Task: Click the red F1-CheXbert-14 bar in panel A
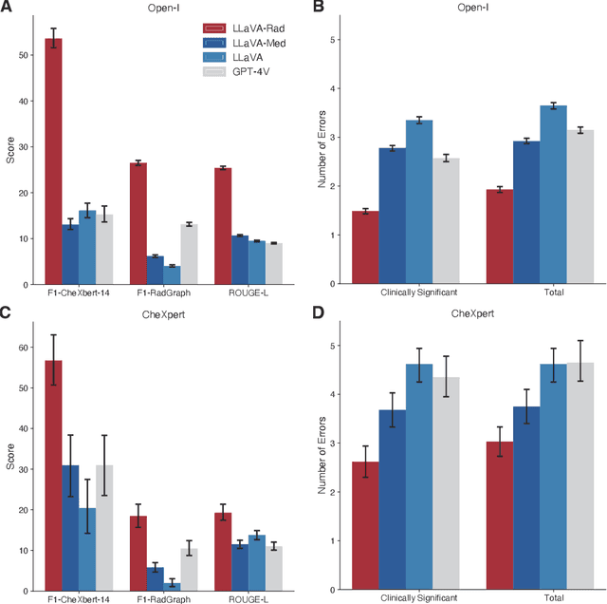coord(53,161)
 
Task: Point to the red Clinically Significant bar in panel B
coord(366,247)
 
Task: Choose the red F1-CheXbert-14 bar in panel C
coord(53,475)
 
